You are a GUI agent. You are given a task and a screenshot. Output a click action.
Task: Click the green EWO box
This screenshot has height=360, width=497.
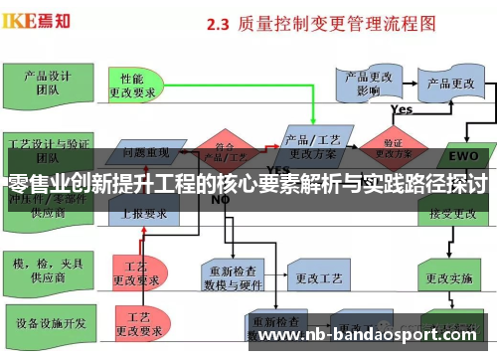(x=463, y=155)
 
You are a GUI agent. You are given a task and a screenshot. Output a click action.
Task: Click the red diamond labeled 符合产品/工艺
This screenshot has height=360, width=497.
(x=226, y=147)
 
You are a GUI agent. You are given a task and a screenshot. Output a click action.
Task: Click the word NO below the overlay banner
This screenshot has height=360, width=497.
(x=221, y=199)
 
